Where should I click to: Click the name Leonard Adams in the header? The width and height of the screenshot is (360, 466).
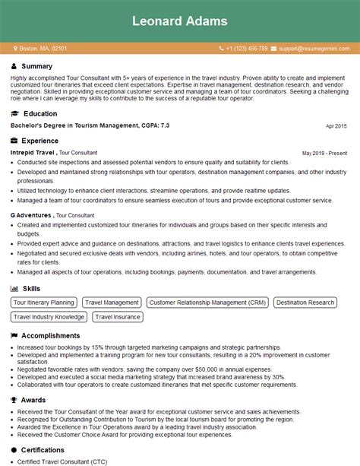pos(180,21)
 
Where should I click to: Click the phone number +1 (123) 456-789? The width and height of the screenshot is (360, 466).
pos(236,48)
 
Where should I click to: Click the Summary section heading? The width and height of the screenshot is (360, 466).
pos(37,67)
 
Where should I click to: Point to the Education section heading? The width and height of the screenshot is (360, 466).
pos(40,113)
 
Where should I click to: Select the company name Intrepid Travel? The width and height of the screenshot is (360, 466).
pos(32,153)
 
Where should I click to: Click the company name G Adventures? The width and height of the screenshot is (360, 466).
pos(30,215)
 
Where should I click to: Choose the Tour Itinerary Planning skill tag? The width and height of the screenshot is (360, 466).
pos(44,303)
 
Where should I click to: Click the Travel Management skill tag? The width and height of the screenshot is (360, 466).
pos(111,303)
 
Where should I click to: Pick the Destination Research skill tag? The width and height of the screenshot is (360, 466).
pos(305,303)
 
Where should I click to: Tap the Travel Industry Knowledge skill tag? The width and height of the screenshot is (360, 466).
pos(49,317)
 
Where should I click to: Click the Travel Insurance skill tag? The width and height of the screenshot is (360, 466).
pos(118,317)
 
